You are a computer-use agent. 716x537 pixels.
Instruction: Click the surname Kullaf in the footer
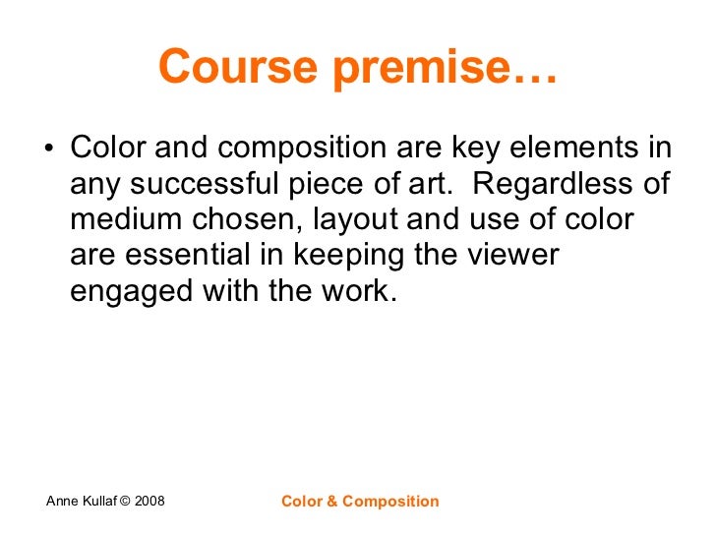[102, 502]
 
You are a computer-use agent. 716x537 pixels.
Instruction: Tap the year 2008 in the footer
[150, 502]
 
